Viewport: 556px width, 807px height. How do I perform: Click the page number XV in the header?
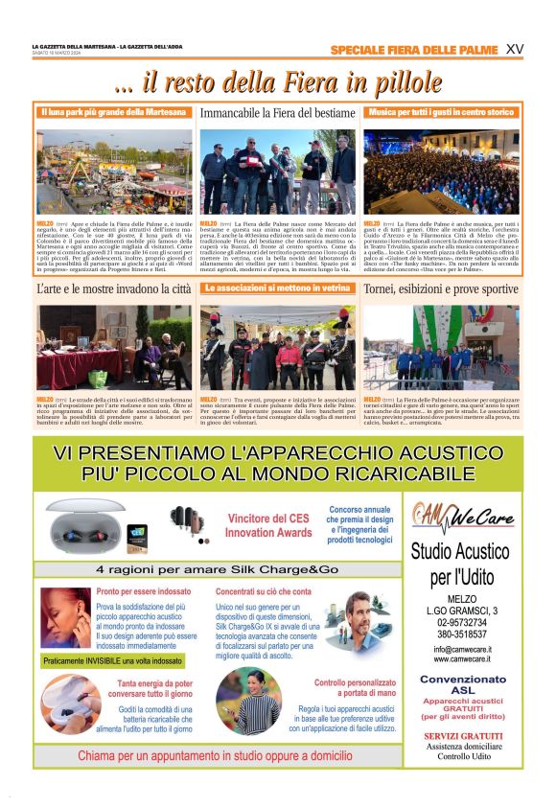(x=514, y=50)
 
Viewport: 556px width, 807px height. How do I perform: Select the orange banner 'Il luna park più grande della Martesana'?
(x=114, y=112)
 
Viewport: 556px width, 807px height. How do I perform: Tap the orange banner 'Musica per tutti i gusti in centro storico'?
(x=441, y=112)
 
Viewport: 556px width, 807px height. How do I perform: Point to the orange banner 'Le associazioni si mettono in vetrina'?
(x=278, y=288)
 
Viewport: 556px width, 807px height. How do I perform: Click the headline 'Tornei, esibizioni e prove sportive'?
(x=441, y=288)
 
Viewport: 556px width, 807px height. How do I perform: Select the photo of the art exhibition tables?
(x=114, y=347)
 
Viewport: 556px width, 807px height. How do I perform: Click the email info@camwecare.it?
(x=461, y=649)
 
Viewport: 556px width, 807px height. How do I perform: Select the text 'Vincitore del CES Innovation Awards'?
(x=269, y=525)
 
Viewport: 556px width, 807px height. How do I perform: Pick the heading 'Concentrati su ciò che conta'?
(x=264, y=591)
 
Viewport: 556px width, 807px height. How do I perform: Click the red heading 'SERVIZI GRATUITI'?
(x=461, y=735)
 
